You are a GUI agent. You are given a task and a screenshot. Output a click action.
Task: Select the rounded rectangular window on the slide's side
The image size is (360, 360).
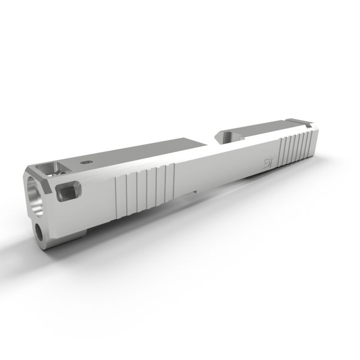click(x=67, y=192)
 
